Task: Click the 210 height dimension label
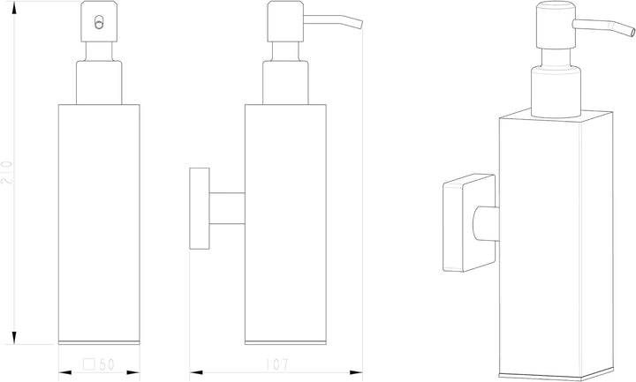click(7, 172)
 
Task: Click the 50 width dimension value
click(107, 364)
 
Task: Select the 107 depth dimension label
click(277, 364)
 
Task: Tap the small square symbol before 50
click(89, 364)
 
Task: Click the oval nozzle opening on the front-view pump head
click(99, 22)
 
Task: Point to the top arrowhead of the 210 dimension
click(14, 8)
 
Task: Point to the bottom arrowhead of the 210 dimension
click(14, 337)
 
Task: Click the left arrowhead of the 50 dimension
click(64, 372)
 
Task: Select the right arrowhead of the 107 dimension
click(356, 372)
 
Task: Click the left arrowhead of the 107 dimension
click(196, 372)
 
